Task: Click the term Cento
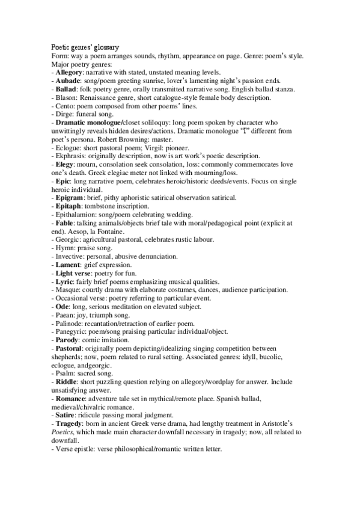62,105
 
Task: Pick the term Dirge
62,114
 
